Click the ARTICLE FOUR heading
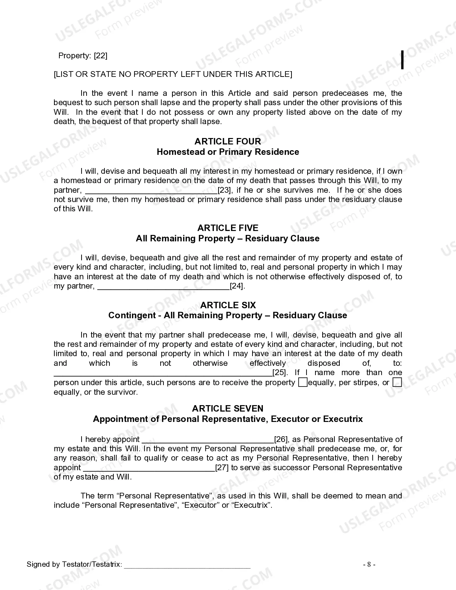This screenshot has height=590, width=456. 227,142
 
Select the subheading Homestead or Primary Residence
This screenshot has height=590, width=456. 227,152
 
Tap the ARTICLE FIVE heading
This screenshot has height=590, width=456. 227,228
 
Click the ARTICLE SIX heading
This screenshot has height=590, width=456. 227,305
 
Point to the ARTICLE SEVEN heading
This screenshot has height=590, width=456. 227,409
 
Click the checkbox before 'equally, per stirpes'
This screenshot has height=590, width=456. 303,383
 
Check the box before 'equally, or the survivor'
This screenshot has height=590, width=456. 397,383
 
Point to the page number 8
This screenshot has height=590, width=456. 369,565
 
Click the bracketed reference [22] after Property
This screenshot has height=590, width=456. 100,56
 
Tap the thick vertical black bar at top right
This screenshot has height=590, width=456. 402,60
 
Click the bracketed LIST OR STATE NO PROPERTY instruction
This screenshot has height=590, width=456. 173,74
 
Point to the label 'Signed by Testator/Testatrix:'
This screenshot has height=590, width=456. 74,565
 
